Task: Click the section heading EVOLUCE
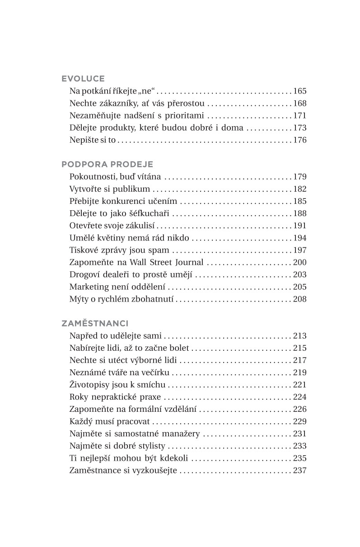pos(83,78)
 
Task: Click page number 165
pos(300,91)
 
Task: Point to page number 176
pos(300,140)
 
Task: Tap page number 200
pos(300,262)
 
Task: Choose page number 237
pos(300,470)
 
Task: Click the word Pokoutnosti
pos(93,177)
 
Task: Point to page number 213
pos(300,336)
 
